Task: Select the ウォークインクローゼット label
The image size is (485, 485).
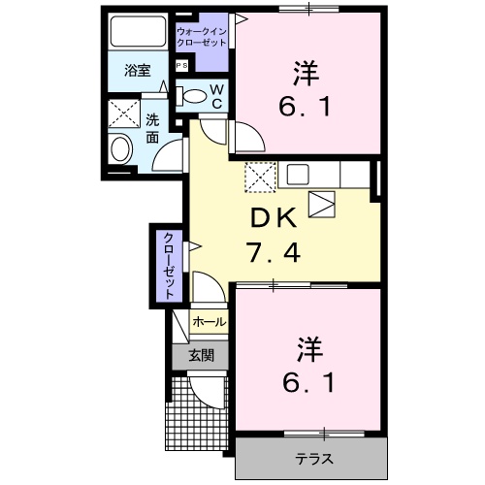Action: coord(203,38)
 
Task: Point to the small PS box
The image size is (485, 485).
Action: coord(181,65)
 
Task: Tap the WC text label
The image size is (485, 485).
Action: coord(216,96)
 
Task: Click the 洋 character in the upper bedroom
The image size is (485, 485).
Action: coord(307,72)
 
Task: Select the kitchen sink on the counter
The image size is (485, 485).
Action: coord(297,175)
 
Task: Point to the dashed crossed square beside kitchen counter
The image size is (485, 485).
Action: coord(259,176)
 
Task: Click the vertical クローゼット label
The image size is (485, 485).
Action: coord(168,264)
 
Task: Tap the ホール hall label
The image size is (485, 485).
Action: coord(209,321)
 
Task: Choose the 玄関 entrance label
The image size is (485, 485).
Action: coord(201,355)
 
